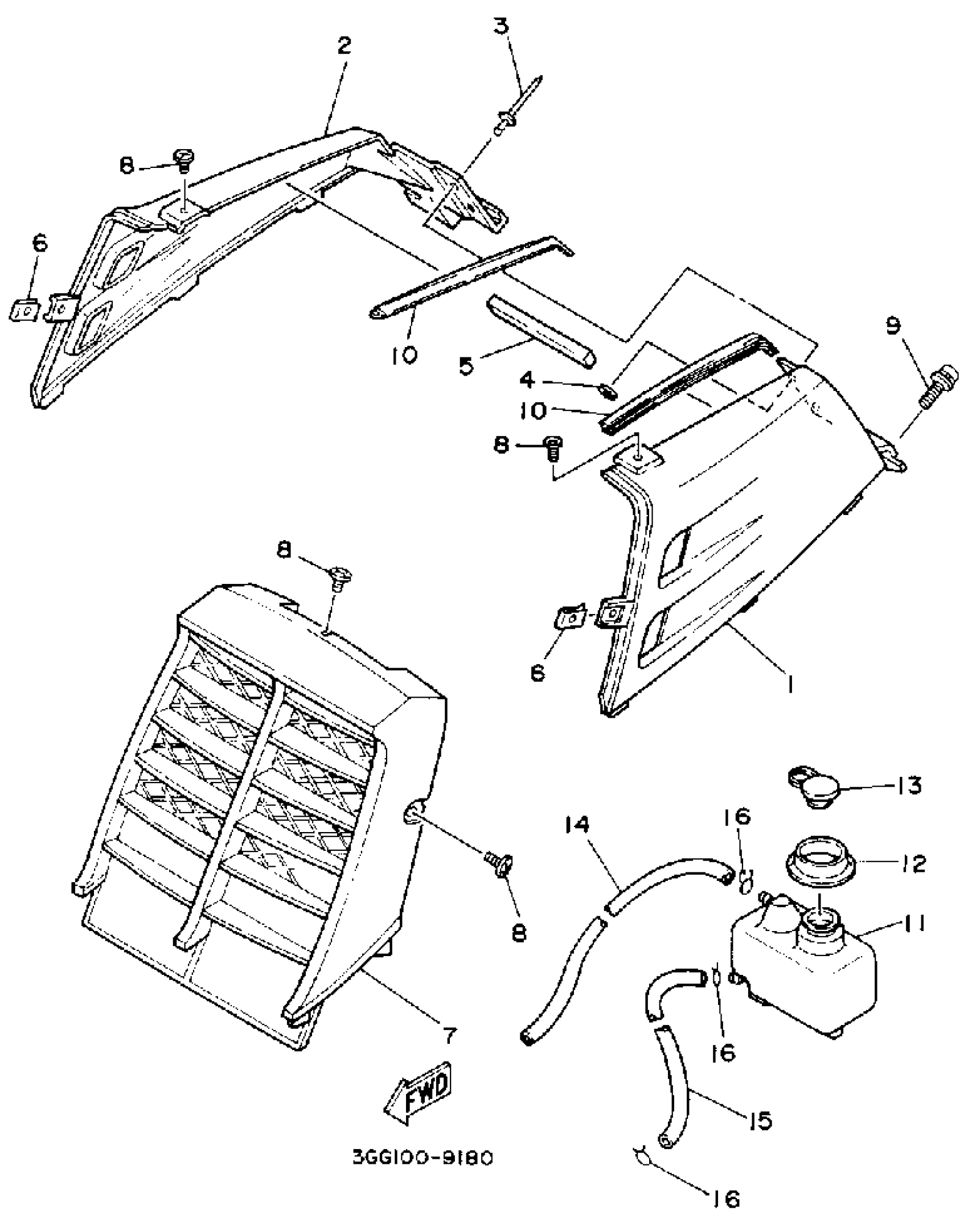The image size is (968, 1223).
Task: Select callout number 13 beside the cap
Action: coord(907,786)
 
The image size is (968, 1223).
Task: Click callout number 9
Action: coord(893,326)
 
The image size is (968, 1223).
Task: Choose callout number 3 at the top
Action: coord(501,26)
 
